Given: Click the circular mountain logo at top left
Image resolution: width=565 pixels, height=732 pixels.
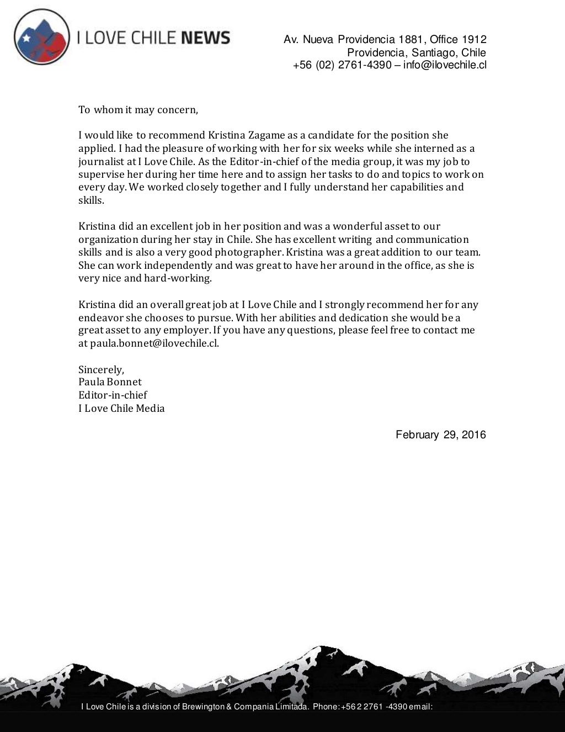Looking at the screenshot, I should coord(42,37).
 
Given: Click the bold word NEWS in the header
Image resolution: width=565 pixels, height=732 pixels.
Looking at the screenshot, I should coord(205,38).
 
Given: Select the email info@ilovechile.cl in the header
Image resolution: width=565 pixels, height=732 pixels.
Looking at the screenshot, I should coord(445,66).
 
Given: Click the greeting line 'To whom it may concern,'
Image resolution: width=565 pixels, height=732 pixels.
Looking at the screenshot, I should coord(138,109).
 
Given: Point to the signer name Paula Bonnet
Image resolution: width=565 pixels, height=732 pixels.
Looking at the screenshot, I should coord(110,382).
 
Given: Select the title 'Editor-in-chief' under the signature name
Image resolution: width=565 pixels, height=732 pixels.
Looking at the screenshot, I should coord(113,395).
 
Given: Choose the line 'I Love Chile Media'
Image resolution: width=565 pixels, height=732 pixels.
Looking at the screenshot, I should coord(121,409).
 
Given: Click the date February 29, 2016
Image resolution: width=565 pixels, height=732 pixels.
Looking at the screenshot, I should coord(440,435).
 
